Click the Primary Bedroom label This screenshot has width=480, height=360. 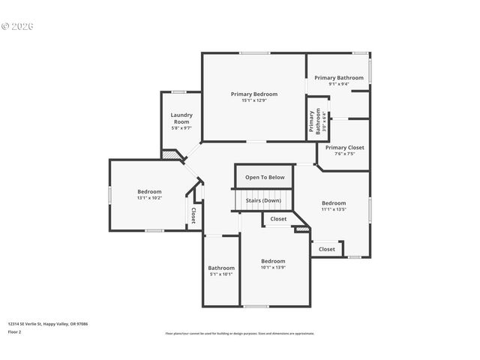pyautogui.click(x=253, y=94)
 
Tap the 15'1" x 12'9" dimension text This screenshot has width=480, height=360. pyautogui.click(x=253, y=100)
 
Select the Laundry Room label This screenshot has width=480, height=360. pyautogui.click(x=181, y=118)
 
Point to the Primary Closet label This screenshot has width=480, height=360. pyautogui.click(x=344, y=148)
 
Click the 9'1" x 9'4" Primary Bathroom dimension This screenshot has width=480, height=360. pyautogui.click(x=338, y=84)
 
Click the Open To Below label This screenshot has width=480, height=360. pyautogui.click(x=265, y=177)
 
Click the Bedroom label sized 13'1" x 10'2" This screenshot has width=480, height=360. pyautogui.click(x=148, y=191)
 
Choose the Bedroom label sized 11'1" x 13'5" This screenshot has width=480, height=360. pyautogui.click(x=334, y=203)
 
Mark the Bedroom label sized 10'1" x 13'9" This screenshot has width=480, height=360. pyautogui.click(x=273, y=261)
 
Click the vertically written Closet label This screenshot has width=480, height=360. pyautogui.click(x=193, y=215)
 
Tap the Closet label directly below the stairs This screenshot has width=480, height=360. pyautogui.click(x=278, y=219)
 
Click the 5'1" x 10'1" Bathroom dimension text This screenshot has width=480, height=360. pyautogui.click(x=221, y=274)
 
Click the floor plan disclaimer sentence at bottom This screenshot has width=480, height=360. pyautogui.click(x=239, y=333)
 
